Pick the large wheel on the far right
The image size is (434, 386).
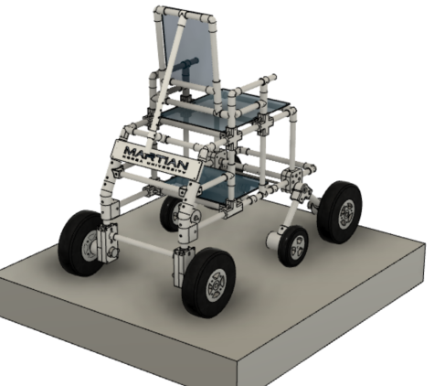pyautogui.click(x=340, y=211)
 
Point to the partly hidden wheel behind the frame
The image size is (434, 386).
pyautogui.click(x=171, y=213)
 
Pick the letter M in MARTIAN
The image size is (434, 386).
pyautogui.click(x=121, y=152)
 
